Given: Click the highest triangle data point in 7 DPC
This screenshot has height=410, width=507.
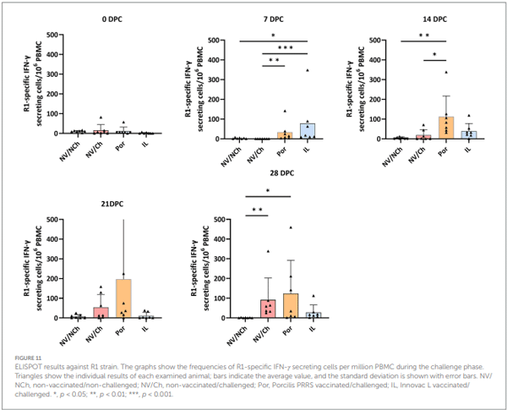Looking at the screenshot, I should tap(306, 70).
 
